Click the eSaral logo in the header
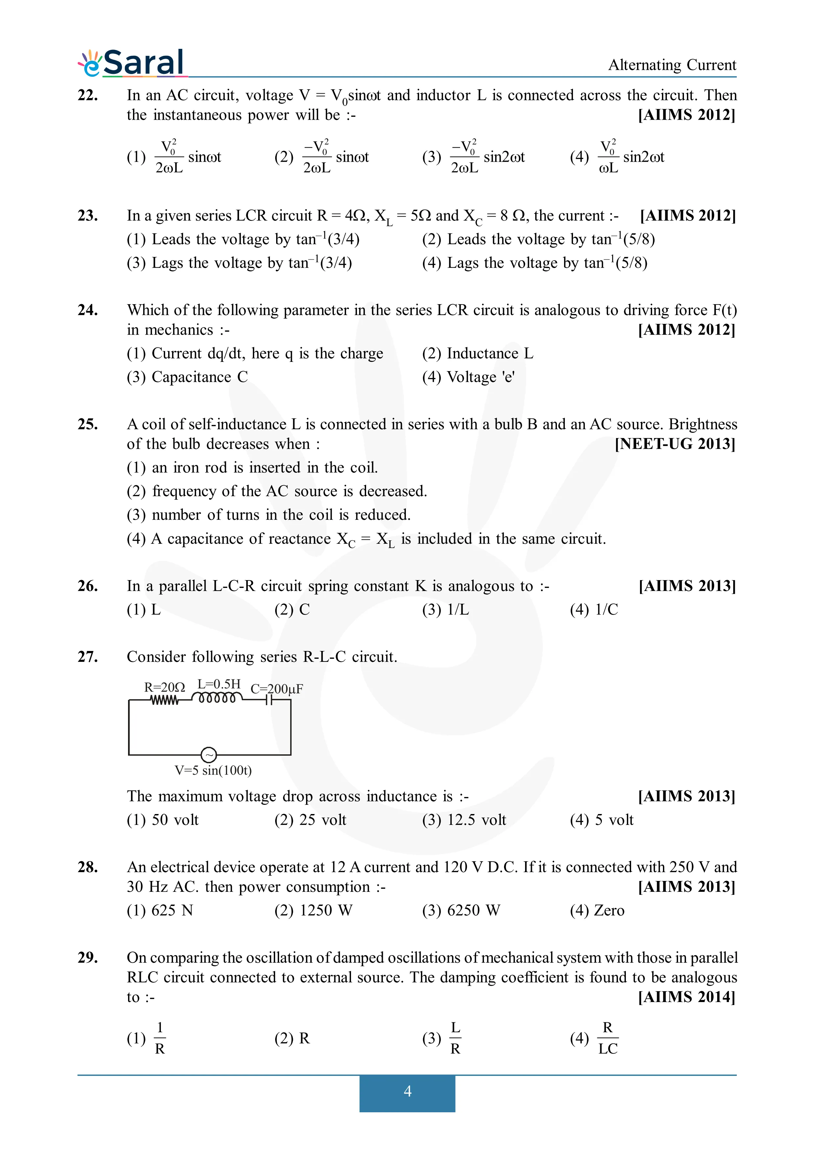[x=131, y=63]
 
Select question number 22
[x=88, y=95]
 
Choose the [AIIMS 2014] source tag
[x=686, y=997]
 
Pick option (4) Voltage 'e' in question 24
[x=469, y=377]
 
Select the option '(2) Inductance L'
[x=477, y=353]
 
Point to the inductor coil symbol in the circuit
[x=217, y=698]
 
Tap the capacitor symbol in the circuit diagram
[x=269, y=700]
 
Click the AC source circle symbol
[x=209, y=754]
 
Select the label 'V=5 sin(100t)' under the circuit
[x=213, y=770]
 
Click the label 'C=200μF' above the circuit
[x=276, y=689]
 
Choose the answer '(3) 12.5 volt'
[x=464, y=820]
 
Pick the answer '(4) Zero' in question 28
[x=597, y=910]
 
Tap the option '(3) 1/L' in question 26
[x=445, y=610]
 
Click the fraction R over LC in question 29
[x=607, y=1038]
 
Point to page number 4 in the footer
[x=407, y=1091]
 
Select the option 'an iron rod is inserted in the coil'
[x=252, y=468]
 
